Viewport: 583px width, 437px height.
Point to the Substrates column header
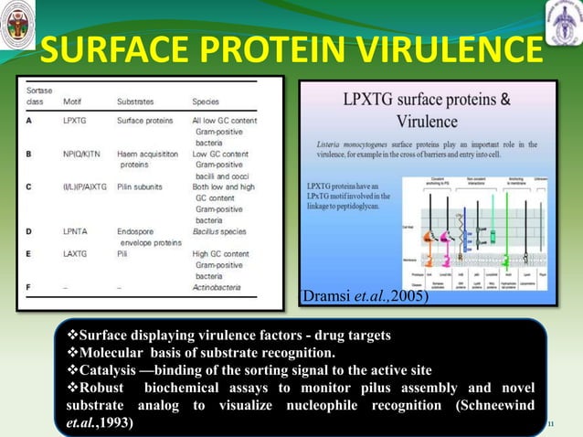[x=135, y=101]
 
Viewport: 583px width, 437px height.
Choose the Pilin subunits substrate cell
[x=143, y=187]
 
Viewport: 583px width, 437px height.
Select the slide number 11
[x=551, y=424]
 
